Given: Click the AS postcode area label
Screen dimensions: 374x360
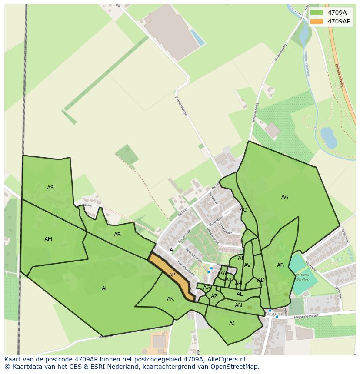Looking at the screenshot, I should [x=50, y=188].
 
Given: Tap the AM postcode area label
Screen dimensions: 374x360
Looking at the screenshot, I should [x=48, y=239].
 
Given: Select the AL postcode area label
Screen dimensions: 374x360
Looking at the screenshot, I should [x=105, y=288].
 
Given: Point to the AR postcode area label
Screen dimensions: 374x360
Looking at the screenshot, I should [x=117, y=235].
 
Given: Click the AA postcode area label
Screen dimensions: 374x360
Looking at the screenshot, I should [x=285, y=197].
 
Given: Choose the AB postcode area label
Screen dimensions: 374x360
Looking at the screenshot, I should [x=280, y=265].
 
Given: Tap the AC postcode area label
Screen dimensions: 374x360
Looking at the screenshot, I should [x=243, y=210].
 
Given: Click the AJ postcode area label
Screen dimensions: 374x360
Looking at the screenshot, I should [x=232, y=323].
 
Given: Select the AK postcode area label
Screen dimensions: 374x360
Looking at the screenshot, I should [x=170, y=299].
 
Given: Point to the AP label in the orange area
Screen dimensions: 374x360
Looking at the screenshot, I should [x=172, y=275].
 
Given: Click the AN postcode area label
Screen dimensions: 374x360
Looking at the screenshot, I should [x=238, y=305].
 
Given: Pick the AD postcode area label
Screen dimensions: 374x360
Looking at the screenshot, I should [x=261, y=280].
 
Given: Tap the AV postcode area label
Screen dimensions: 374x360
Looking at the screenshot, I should [x=247, y=265].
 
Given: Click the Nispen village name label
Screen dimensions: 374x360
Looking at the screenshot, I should [x=273, y=314].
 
